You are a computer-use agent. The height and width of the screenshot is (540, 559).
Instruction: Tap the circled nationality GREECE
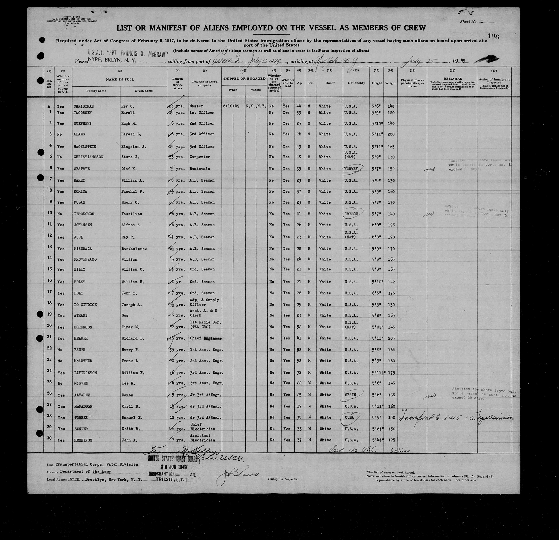[351, 214]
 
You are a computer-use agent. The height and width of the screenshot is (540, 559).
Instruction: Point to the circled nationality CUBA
[349, 417]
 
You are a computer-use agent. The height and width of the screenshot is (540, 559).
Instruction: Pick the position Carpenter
[200, 157]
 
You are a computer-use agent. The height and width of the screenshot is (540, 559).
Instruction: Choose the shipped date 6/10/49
[233, 106]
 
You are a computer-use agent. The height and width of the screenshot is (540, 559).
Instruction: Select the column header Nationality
[356, 83]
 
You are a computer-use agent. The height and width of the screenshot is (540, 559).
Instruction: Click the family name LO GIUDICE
[85, 305]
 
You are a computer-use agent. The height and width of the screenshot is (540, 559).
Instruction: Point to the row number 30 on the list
[49, 438]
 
